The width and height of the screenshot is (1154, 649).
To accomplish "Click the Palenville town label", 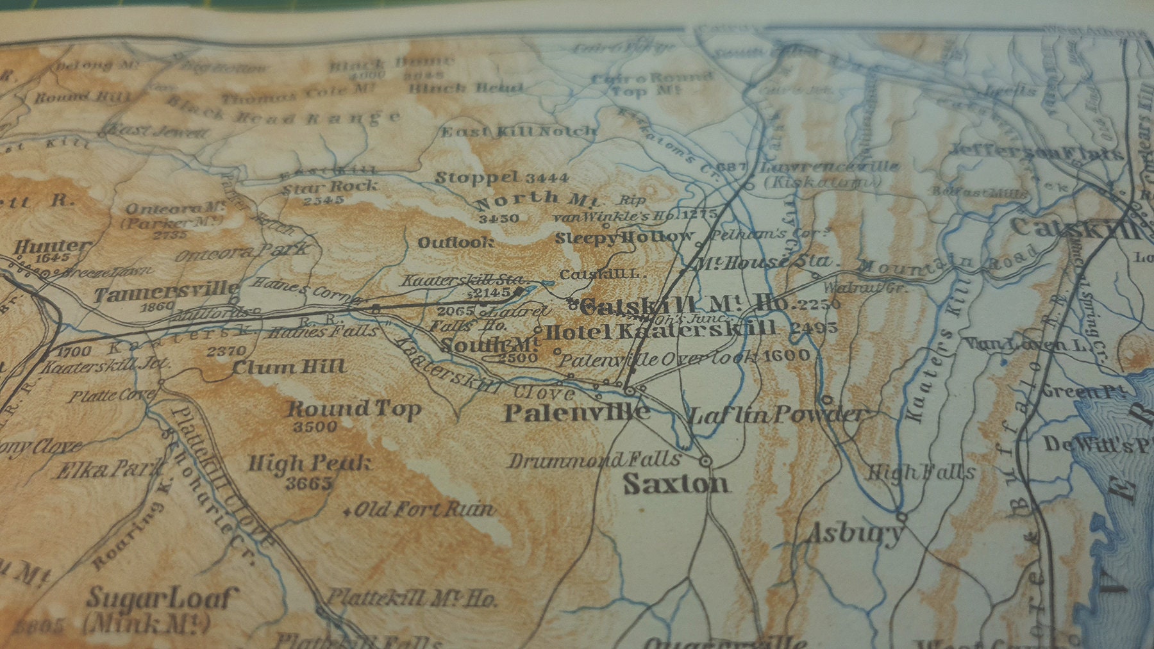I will point(576,413).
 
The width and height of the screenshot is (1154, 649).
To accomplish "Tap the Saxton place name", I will point(676,483).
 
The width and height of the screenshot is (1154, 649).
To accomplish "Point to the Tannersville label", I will point(166,292).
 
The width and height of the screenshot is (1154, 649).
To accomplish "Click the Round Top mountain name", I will point(353,409).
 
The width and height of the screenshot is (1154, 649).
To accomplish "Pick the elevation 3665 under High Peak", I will point(309,482).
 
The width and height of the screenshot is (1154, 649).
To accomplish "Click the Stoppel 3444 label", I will point(501,177).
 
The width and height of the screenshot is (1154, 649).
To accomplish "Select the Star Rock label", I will point(330,188).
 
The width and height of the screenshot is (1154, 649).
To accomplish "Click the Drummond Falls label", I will point(594,459).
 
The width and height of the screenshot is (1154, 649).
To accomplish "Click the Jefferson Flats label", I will point(1035,152).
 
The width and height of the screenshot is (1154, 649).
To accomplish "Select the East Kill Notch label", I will point(518,132).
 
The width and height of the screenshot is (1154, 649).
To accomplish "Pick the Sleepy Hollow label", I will point(624,238).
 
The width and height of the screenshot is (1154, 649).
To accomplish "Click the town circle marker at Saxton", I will point(706,460).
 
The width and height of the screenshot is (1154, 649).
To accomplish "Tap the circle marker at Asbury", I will point(902,516).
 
